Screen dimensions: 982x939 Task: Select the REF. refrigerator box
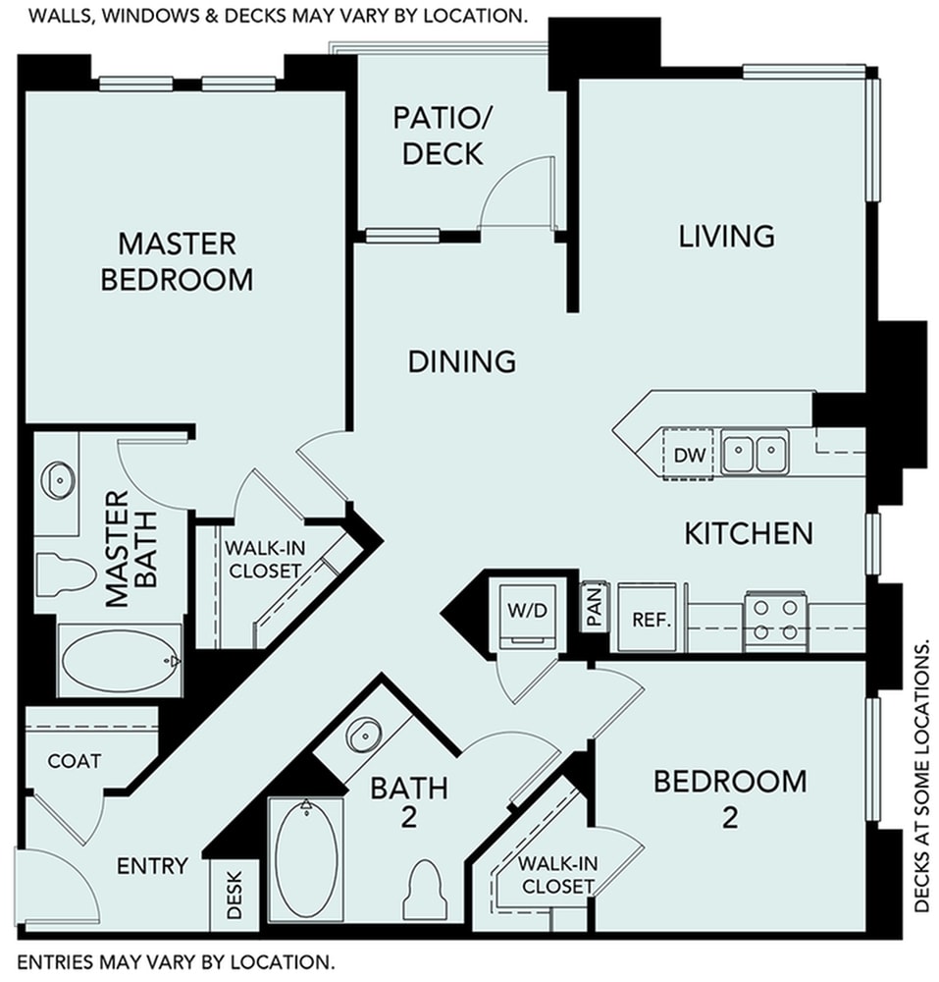tap(651, 620)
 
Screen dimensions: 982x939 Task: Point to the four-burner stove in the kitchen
tap(774, 621)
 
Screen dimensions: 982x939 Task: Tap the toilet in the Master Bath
tap(61, 573)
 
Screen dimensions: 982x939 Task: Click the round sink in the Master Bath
tap(58, 480)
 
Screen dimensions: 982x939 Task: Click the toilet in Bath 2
tap(425, 888)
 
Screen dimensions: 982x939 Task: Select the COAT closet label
tap(75, 761)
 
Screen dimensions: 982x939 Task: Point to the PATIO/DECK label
tap(438, 136)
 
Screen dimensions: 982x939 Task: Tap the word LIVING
tap(727, 236)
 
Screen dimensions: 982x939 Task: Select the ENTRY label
tap(152, 866)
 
